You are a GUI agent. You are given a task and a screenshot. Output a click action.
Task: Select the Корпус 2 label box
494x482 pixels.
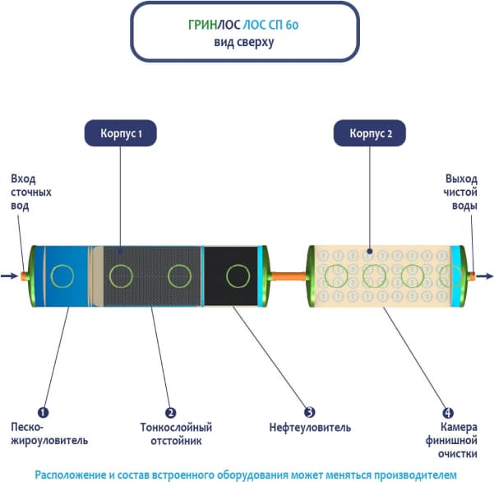pos(369,132)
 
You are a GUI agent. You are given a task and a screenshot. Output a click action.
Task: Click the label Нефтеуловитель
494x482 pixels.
pos(310,428)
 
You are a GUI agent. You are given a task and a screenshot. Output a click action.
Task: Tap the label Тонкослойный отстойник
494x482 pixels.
pos(177,433)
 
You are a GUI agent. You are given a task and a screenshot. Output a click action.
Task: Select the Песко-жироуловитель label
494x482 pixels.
pos(49,433)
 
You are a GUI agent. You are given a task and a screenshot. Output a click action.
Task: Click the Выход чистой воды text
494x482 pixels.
pos(460,192)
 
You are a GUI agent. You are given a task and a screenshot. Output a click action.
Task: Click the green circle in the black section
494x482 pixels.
pos(238,275)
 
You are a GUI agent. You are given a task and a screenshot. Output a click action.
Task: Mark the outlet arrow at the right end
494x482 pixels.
pos(486,276)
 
